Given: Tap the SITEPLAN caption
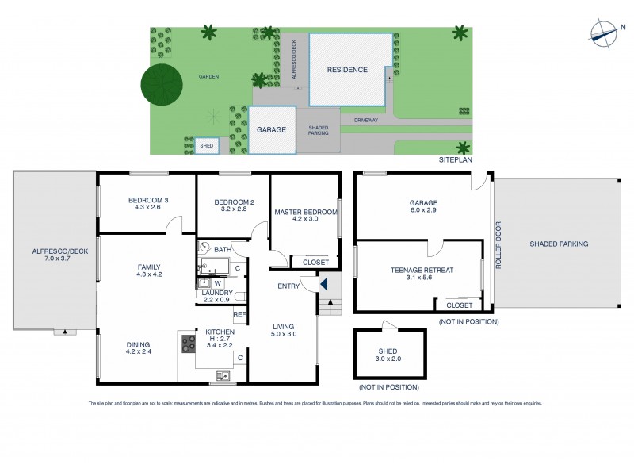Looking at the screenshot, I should coord(455,160).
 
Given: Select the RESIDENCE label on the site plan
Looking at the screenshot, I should coord(347,70).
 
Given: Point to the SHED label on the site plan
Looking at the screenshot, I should coord(207,146).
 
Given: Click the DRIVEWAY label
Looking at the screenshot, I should coord(366,121).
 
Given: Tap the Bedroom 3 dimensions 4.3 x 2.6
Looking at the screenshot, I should coord(144,208).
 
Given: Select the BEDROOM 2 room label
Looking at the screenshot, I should coord(234,202).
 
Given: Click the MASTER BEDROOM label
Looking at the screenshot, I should coord(306,213).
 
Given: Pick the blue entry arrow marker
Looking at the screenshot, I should coord(323,283).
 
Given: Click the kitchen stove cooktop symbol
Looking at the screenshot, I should coord(189,343).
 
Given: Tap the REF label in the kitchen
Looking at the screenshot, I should coord(239,314).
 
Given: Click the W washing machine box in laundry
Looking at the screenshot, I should coord(217,282).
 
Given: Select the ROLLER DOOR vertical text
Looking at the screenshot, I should coord(498,244).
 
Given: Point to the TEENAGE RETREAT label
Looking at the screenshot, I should coord(422,271).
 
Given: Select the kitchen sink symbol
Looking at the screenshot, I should coord(225,376).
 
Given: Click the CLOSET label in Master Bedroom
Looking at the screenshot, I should coord(315,262).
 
